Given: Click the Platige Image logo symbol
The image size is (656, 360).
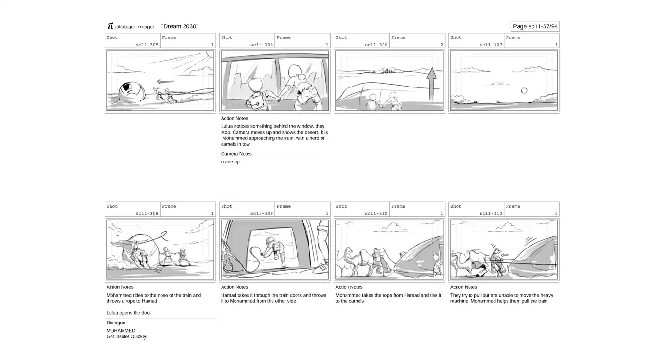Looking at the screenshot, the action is (x=110, y=26).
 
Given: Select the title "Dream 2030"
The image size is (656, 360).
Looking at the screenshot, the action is (x=180, y=26).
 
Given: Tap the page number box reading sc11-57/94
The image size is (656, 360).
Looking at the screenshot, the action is (x=535, y=26).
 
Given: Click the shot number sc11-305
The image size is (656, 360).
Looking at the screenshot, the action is (x=147, y=45).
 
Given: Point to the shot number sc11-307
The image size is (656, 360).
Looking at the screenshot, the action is (x=491, y=45).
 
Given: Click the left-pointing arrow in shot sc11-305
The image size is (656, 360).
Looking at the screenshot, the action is (x=165, y=81).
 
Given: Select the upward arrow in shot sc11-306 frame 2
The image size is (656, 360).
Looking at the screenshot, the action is (x=431, y=84).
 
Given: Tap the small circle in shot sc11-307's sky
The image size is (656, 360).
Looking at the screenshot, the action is (x=524, y=91).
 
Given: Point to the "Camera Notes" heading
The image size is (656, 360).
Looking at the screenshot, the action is (x=236, y=154).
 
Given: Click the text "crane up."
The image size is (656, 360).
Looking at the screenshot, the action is (x=231, y=161).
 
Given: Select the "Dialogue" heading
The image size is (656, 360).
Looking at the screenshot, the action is (x=116, y=323).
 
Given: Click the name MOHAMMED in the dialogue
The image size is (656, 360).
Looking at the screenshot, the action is (x=121, y=331).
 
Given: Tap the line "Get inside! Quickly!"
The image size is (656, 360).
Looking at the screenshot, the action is (x=127, y=336).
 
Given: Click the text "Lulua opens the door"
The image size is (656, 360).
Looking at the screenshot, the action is (x=129, y=313).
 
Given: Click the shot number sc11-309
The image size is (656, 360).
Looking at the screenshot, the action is (x=261, y=213).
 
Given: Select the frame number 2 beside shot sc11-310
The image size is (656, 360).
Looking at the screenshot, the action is (x=556, y=213).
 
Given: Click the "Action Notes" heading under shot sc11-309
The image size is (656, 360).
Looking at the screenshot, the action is (x=235, y=287).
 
